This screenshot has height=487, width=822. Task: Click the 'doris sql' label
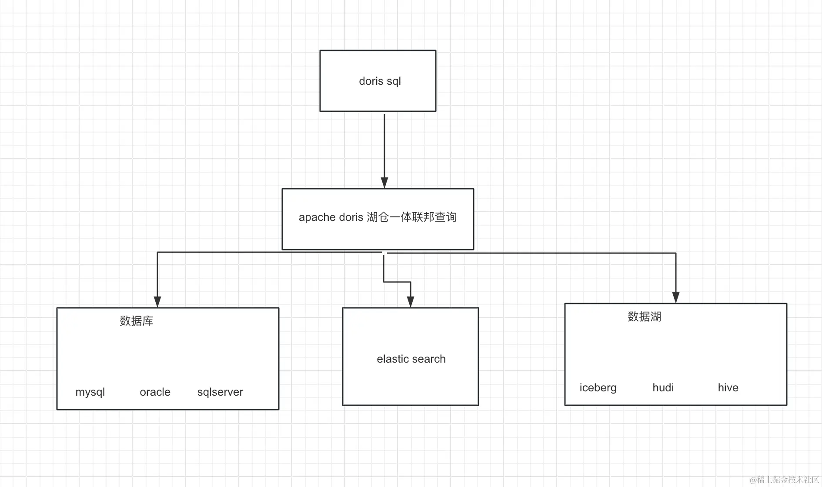point(380,81)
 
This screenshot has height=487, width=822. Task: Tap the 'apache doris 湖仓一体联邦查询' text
point(378,217)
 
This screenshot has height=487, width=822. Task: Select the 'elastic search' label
point(411,359)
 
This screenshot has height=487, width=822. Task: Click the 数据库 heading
point(137,321)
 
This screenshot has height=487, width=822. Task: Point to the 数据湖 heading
point(644,317)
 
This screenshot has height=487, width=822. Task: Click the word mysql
point(90,392)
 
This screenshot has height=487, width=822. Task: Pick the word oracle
point(155,392)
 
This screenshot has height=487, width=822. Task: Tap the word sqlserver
point(220,392)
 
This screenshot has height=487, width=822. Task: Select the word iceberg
point(598,388)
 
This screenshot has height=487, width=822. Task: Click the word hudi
point(663,388)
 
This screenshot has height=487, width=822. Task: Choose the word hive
point(728,388)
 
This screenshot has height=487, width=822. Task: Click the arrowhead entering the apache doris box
point(384,183)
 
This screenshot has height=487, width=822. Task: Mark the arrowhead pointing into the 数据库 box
point(157,302)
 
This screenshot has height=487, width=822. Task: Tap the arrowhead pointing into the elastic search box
point(411,302)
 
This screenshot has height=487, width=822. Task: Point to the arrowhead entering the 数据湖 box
point(676,297)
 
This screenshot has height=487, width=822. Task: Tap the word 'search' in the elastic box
point(430,359)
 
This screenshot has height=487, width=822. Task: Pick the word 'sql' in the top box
point(394,82)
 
